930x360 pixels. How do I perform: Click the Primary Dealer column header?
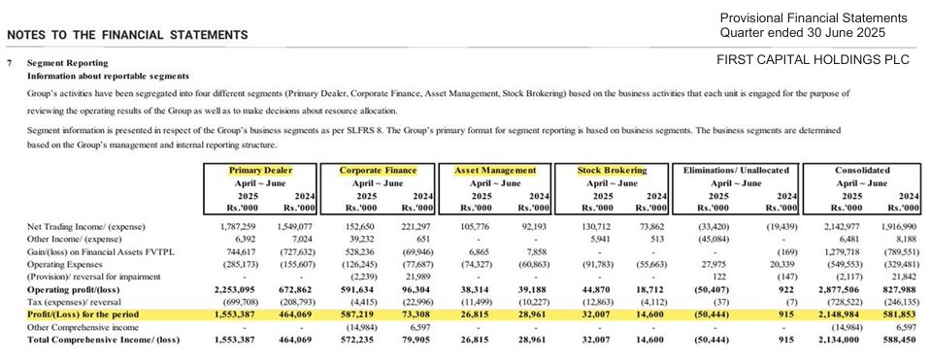coord(261,170)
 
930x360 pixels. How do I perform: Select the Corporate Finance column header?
coord(379,170)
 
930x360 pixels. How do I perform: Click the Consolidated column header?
coord(862,170)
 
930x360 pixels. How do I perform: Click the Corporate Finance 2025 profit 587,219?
coord(356,315)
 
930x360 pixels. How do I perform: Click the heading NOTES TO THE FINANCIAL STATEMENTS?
coord(127,35)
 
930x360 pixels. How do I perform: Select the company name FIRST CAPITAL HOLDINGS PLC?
coord(812,60)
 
